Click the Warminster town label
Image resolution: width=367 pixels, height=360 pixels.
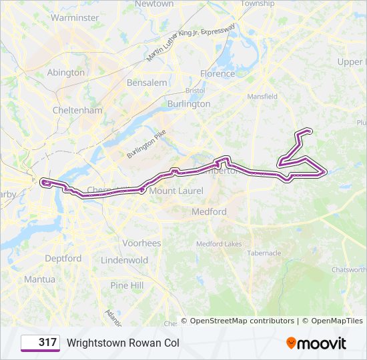(x=74, y=18)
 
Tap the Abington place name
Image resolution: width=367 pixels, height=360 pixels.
(x=65, y=73)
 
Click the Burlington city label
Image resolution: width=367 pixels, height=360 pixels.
(x=189, y=104)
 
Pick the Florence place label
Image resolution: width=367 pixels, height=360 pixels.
(x=218, y=74)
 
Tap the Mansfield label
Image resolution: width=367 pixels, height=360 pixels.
(x=262, y=97)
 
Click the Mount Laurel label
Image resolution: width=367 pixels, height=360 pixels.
(x=176, y=191)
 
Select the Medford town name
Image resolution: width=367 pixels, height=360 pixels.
(x=209, y=212)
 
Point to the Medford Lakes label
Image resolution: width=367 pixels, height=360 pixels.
(x=219, y=244)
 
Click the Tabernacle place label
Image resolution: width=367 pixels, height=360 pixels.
(x=264, y=253)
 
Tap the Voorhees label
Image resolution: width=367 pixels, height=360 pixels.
(x=141, y=243)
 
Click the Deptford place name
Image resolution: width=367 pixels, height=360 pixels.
(x=63, y=259)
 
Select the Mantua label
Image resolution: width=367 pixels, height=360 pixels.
(x=40, y=279)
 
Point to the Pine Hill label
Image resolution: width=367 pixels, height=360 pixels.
(x=127, y=285)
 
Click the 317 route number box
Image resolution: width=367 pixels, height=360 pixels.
(x=40, y=343)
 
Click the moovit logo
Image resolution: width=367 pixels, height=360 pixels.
(x=316, y=343)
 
